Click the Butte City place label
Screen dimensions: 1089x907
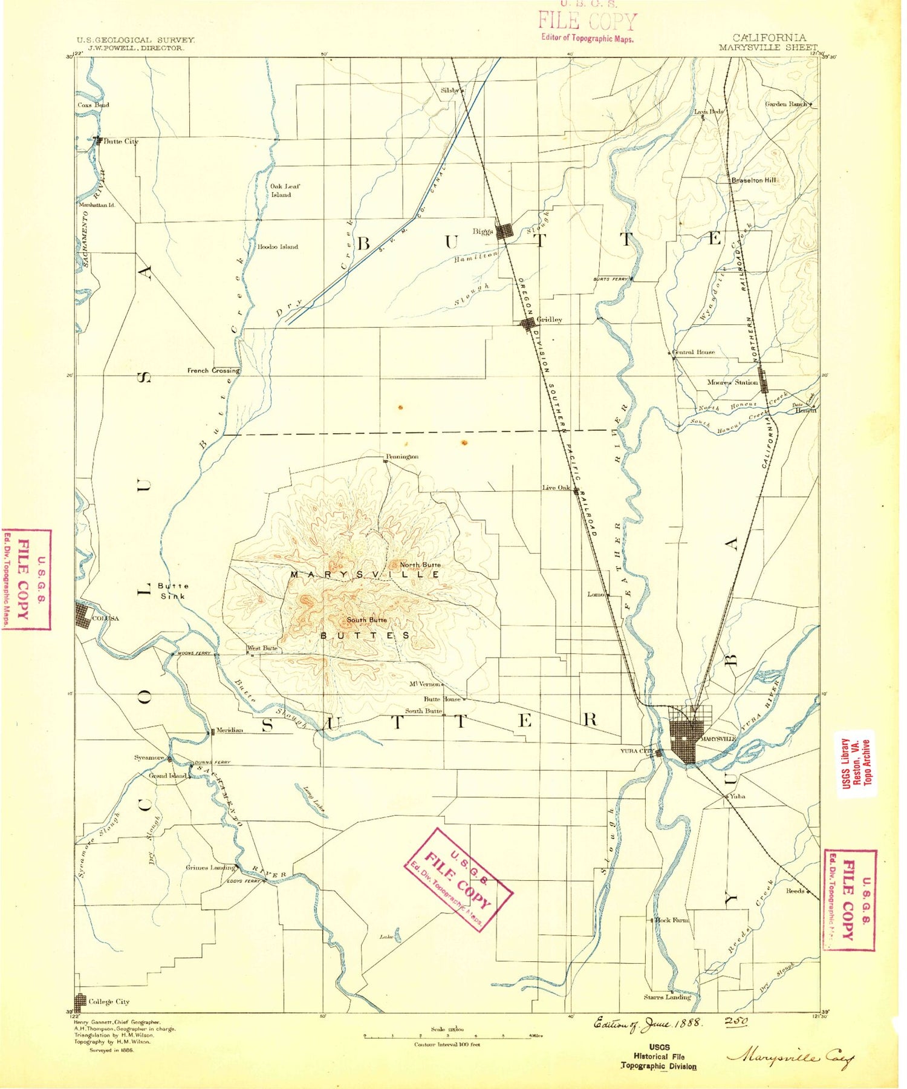121,142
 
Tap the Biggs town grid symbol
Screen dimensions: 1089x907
504,232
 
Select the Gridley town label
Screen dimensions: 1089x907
549,319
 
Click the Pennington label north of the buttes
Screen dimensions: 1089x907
403,457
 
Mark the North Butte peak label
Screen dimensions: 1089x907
420,565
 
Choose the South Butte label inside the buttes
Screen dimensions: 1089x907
366,620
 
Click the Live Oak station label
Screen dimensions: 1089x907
556,488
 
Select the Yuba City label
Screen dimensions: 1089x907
636,751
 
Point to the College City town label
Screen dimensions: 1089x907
109,1002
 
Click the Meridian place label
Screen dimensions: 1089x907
230,730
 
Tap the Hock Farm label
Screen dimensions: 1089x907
672,920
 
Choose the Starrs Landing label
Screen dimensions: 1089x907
667,997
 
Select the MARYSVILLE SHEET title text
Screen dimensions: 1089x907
767,47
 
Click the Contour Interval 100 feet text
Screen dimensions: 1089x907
447,1045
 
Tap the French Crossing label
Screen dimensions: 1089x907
213,370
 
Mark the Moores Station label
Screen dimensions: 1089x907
732,382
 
